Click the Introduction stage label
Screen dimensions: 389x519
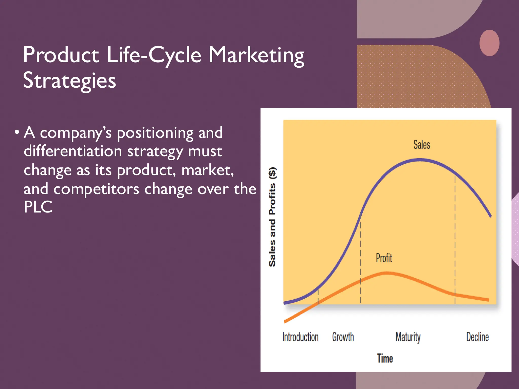point(300,337)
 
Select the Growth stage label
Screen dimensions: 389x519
point(343,337)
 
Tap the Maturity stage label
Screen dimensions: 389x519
point(408,337)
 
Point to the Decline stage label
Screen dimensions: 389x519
point(477,337)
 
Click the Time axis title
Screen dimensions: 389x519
point(385,358)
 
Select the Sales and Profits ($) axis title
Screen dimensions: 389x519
point(272,217)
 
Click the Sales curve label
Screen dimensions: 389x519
point(422,145)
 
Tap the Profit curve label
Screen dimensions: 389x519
point(384,258)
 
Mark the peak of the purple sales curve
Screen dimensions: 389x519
point(420,160)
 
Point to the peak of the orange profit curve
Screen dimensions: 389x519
point(386,273)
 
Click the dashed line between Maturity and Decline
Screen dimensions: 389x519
point(455,241)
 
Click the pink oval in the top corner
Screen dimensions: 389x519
point(489,43)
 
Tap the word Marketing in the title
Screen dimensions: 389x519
point(256,55)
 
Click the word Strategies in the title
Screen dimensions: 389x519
point(69,81)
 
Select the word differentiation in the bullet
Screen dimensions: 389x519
point(73,151)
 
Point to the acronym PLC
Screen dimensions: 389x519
point(38,207)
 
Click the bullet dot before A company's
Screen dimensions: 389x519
point(17,132)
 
